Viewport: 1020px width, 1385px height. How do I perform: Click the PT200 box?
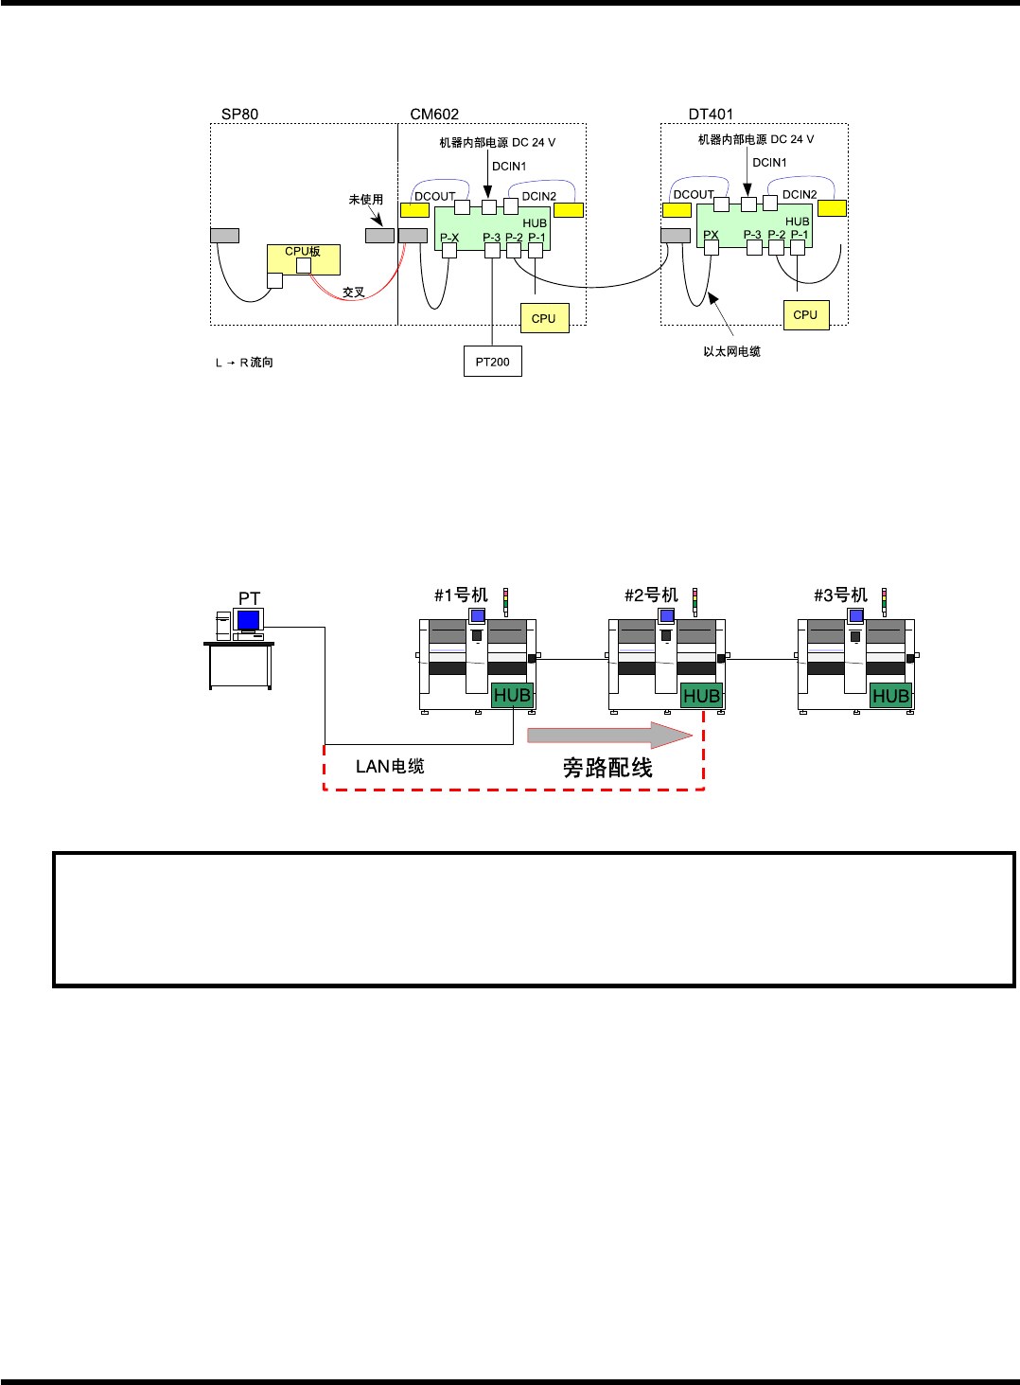(492, 362)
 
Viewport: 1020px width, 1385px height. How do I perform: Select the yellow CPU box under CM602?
(544, 318)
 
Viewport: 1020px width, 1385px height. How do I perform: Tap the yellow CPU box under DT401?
(805, 314)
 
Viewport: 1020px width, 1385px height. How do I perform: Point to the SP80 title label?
(239, 115)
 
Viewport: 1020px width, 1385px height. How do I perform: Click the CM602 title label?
(434, 115)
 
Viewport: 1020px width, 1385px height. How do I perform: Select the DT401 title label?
(711, 115)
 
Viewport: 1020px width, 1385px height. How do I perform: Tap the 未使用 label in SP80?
(365, 200)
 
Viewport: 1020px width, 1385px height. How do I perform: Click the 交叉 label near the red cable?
(353, 293)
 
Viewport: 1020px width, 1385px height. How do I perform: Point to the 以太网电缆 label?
(731, 351)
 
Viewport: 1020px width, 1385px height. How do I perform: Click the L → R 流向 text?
(244, 363)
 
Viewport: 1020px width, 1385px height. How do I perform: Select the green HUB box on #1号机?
(512, 696)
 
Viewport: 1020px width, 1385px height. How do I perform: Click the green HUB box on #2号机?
(701, 696)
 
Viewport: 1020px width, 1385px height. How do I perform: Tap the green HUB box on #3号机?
(890, 696)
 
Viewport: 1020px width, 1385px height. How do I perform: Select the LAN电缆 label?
(390, 767)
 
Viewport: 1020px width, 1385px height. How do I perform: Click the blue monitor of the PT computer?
(248, 620)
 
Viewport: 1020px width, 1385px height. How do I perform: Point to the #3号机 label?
(840, 595)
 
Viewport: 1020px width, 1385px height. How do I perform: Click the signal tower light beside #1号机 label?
(505, 601)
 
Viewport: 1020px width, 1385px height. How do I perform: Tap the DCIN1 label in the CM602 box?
(509, 167)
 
